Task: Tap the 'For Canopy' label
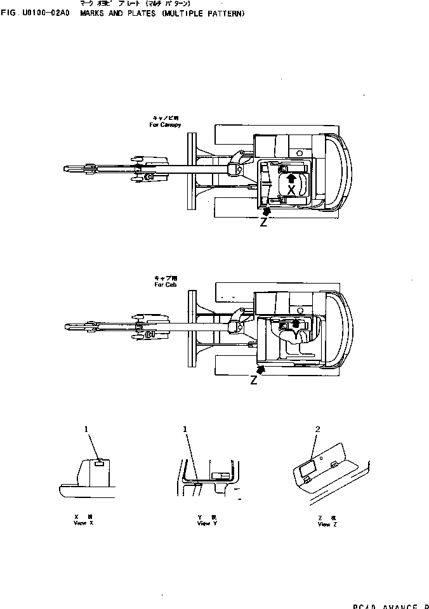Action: coord(165,125)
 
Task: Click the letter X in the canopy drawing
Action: coord(291,190)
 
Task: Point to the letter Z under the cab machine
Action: coord(254,381)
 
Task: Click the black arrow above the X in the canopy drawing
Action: coord(291,178)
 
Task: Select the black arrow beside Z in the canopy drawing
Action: coord(267,210)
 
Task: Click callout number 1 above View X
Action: coord(86,429)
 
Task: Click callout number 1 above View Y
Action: coord(185,429)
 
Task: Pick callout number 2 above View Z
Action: coord(317,429)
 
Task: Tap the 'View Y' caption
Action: coord(204,523)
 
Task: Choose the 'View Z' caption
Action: coord(324,524)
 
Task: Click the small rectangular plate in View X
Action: coord(98,464)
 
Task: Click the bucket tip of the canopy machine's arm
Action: coord(69,168)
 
